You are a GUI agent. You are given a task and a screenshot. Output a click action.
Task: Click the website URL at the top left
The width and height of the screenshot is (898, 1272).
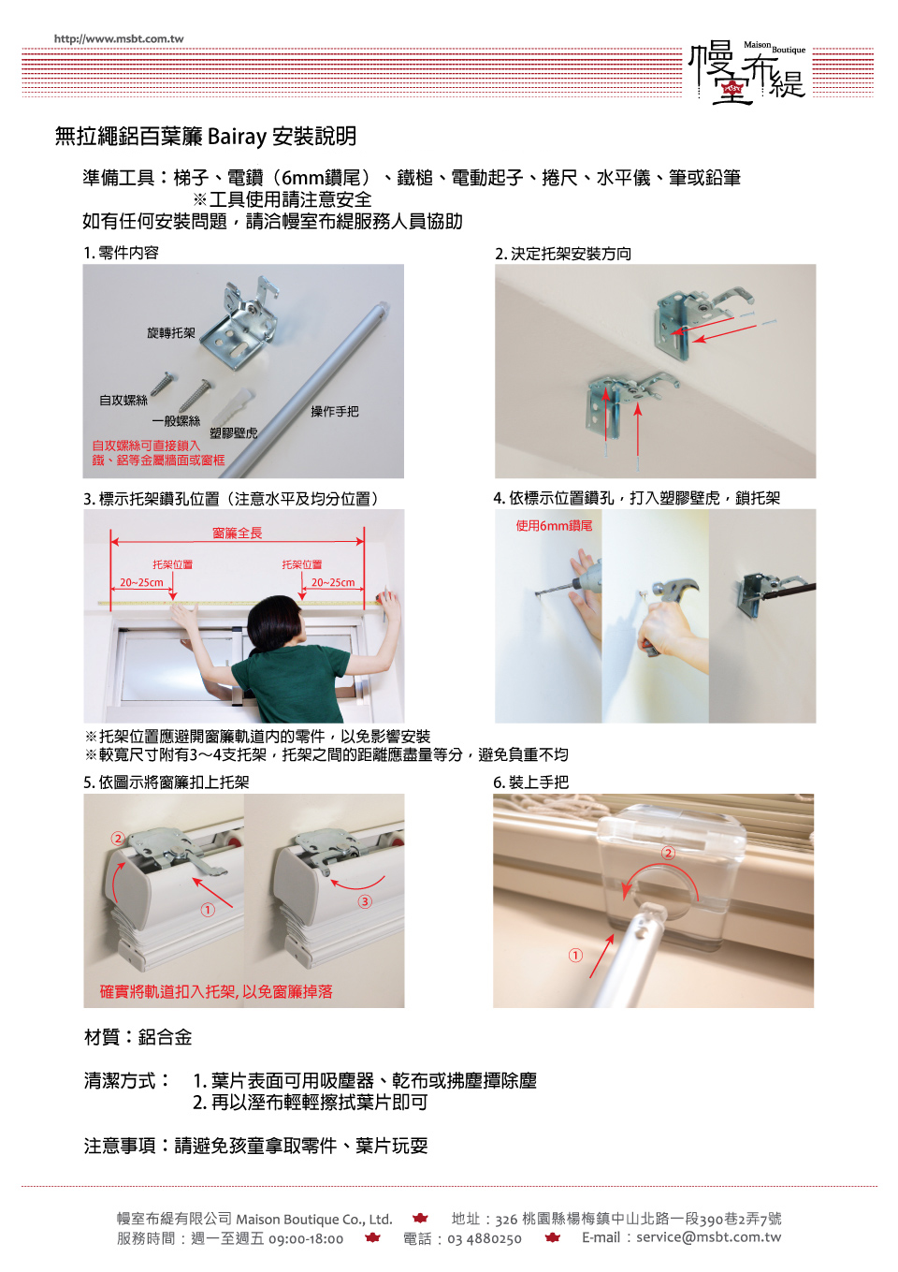119,38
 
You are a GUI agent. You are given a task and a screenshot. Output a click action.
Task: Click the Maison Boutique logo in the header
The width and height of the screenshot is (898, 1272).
747,73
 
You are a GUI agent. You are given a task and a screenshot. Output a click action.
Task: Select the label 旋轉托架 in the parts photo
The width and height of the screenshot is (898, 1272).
171,333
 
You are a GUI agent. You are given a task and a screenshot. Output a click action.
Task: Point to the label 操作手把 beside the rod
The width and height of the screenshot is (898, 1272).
334,411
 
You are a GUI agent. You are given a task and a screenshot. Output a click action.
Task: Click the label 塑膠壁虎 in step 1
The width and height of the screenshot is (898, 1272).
233,432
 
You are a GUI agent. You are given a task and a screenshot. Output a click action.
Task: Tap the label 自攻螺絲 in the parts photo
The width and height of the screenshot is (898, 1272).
123,401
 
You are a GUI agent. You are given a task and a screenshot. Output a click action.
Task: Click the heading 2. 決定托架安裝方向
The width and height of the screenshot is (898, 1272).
563,254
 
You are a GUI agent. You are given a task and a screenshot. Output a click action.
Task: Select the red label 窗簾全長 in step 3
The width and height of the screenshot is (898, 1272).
238,533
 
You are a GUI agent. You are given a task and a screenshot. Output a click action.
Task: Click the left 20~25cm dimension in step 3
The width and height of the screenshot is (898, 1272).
141,582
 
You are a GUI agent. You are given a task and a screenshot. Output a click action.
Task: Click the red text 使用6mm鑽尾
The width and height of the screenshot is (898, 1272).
554,525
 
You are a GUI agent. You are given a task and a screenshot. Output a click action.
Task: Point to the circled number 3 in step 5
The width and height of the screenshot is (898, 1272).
365,901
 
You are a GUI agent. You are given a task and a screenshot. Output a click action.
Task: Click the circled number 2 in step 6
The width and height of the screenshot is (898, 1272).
668,853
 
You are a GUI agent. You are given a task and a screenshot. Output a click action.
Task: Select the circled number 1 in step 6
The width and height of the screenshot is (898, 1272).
575,955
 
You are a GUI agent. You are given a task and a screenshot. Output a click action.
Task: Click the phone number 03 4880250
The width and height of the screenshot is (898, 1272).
485,1238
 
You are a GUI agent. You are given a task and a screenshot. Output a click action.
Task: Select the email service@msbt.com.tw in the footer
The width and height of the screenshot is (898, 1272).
708,1237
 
